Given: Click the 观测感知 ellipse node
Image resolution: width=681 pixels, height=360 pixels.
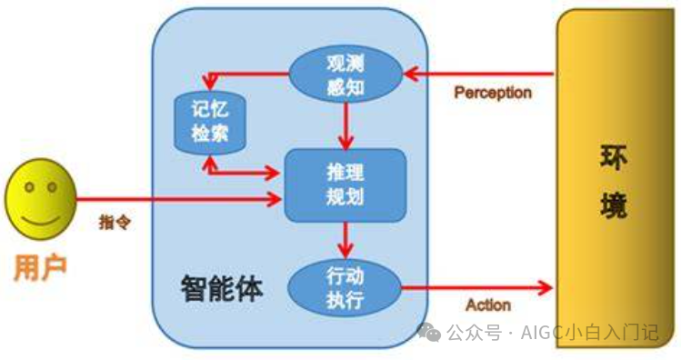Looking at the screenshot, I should click(x=346, y=74).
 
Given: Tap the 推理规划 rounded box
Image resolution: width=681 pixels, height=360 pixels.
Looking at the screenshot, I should click(x=345, y=185).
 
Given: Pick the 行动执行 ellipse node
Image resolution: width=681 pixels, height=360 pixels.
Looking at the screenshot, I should click(x=345, y=286).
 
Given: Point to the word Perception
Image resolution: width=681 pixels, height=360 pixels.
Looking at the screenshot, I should click(x=493, y=93).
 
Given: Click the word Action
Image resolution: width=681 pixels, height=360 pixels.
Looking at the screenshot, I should click(x=488, y=305).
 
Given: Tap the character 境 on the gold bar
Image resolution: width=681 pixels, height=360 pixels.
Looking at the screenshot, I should click(x=613, y=207).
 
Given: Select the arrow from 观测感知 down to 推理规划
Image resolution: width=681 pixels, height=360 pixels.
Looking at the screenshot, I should click(x=345, y=125).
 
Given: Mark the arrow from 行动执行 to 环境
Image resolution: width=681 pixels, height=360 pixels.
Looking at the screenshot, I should click(x=476, y=287).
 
